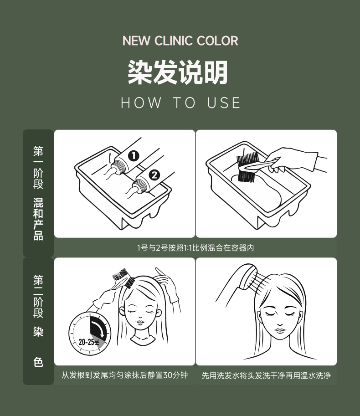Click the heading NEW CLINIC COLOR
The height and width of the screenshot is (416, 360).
(180, 41)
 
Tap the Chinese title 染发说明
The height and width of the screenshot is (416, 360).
(178, 72)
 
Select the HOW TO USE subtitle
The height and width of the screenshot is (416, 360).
(180, 103)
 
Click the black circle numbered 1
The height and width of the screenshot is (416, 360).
(134, 156)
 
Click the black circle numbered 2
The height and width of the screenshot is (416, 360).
(154, 175)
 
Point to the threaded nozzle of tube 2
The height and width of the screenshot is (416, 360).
(140, 186)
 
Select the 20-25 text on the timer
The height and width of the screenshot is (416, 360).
(89, 342)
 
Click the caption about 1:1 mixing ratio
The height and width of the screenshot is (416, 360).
(195, 248)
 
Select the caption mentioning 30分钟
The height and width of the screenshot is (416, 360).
(125, 375)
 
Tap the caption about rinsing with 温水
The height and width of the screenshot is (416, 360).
(266, 375)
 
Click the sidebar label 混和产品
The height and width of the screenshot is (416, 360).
(38, 219)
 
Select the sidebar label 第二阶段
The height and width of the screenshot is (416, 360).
(38, 296)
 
